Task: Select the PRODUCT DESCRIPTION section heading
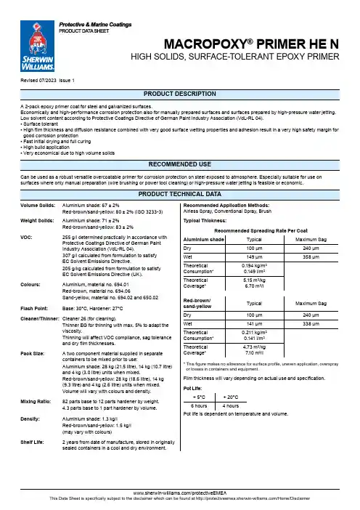tap(180, 96)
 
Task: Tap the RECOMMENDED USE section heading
tap(180, 163)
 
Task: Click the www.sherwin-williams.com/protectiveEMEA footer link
tap(180, 493)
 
